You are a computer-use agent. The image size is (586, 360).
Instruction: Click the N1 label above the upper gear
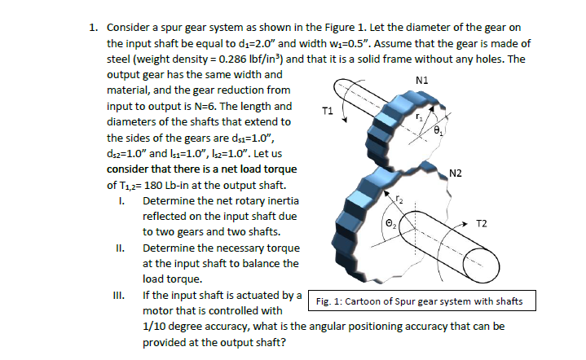tap(421, 80)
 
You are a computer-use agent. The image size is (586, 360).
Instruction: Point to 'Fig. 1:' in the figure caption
tap(330, 302)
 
